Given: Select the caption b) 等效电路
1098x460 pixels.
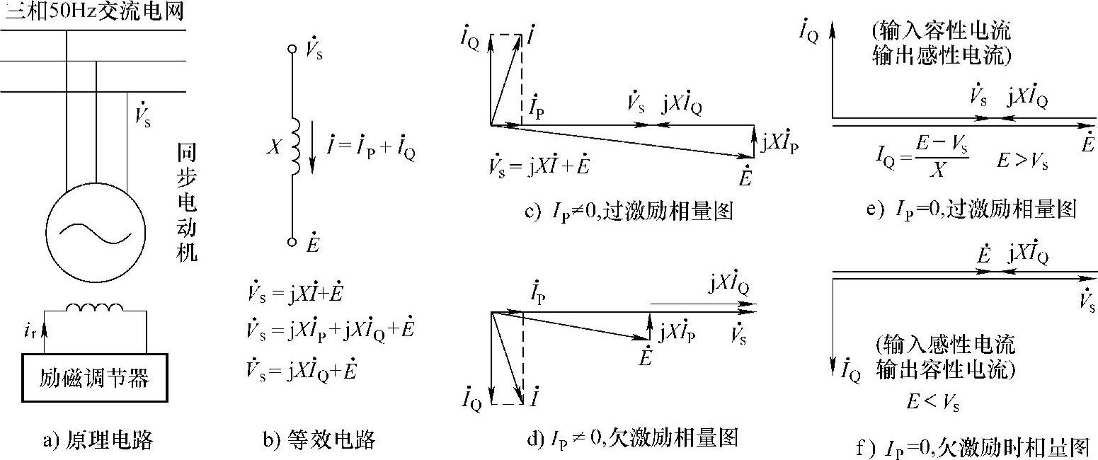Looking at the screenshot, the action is tap(318, 441).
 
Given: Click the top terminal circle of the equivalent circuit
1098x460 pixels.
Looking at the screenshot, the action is tap(291, 50).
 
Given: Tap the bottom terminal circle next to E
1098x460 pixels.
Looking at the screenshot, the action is tap(291, 242).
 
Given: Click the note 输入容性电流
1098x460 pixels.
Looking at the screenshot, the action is tap(942, 32).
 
